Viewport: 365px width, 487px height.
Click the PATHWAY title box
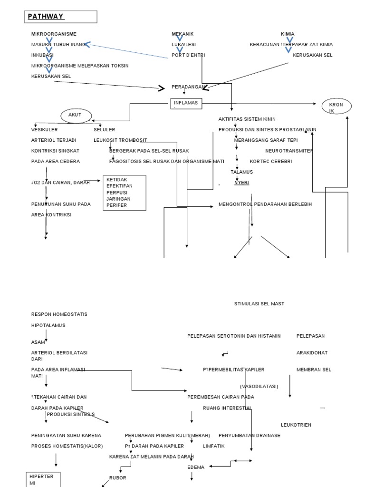click(61, 17)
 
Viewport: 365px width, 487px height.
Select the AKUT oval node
click(76, 115)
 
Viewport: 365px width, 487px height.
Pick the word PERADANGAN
click(189, 87)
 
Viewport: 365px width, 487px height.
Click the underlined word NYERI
click(241, 183)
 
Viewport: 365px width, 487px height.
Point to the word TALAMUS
click(242, 172)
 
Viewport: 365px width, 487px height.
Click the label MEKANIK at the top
click(182, 34)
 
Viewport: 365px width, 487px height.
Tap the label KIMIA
click(288, 34)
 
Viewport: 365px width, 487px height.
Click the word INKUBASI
click(42, 55)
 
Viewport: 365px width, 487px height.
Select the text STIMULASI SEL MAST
click(259, 303)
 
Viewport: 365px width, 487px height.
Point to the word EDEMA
click(196, 467)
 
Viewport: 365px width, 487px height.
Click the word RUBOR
click(118, 477)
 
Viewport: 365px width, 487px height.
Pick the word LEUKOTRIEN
click(296, 425)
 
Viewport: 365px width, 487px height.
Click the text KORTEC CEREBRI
click(271, 161)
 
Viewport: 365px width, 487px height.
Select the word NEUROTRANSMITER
click(289, 151)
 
